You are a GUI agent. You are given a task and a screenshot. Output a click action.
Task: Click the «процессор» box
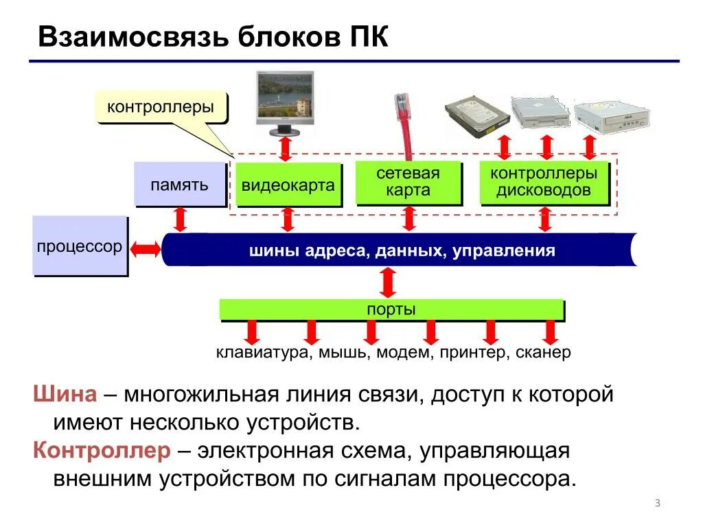[x=80, y=246]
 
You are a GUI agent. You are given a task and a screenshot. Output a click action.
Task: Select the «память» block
[x=180, y=185]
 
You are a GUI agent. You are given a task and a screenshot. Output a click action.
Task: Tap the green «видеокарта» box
[x=288, y=185]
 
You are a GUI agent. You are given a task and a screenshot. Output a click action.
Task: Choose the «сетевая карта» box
[x=408, y=182]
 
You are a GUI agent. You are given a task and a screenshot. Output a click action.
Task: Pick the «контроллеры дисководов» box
[x=544, y=182]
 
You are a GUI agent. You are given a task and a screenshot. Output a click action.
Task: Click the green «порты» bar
[x=391, y=309]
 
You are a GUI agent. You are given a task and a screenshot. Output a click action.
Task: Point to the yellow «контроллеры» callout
[x=161, y=108]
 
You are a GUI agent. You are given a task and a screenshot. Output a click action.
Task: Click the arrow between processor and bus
[x=145, y=249]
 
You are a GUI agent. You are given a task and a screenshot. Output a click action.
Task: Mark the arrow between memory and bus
[x=181, y=219]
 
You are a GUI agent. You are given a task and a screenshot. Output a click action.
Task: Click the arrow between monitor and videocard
[x=286, y=148]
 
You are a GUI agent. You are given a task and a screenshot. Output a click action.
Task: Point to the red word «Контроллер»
[x=102, y=451]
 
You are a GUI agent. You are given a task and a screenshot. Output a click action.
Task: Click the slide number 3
[x=657, y=504]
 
